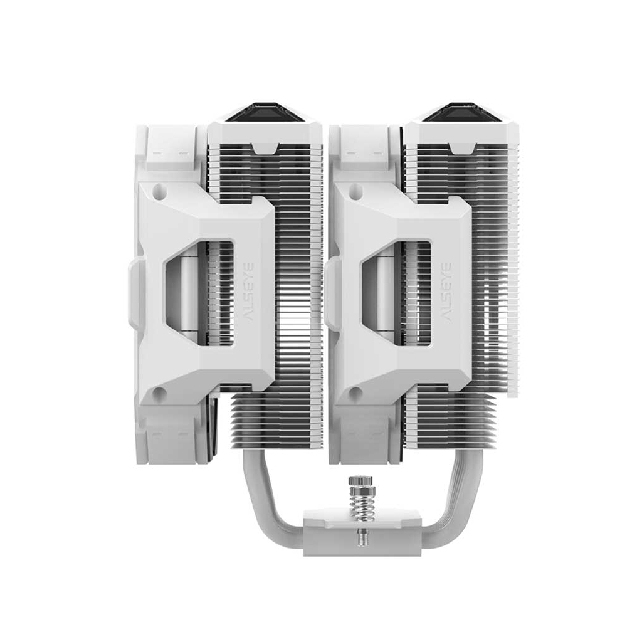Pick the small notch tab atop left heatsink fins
point(266,148)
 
